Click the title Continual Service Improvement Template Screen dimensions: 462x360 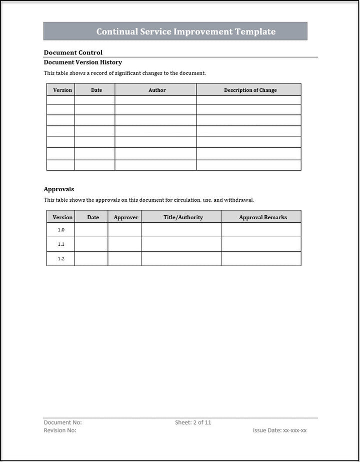tap(185, 31)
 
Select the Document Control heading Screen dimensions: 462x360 tap(73, 52)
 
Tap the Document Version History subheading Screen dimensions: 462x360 tap(82, 62)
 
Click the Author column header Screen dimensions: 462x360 tap(157, 90)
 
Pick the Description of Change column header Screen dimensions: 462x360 tap(250, 90)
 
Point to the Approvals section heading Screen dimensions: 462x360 tap(58, 189)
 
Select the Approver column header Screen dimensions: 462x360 tap(126, 217)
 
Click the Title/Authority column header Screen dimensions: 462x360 tap(183, 217)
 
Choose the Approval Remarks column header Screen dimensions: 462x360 tap(263, 217)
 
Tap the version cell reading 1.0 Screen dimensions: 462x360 tap(61, 230)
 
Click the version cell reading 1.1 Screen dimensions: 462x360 tap(61, 244)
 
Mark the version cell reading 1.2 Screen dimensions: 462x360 tap(61, 259)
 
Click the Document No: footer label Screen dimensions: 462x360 tap(62, 423)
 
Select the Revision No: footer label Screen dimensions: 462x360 tap(60, 430)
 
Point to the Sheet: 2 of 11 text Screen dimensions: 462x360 tap(193, 423)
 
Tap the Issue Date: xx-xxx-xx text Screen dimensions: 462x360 tap(279, 430)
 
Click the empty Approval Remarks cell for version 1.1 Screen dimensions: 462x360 tap(261, 244)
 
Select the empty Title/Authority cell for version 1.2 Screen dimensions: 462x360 tap(181, 259)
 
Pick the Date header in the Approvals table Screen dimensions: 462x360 tap(93, 217)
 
